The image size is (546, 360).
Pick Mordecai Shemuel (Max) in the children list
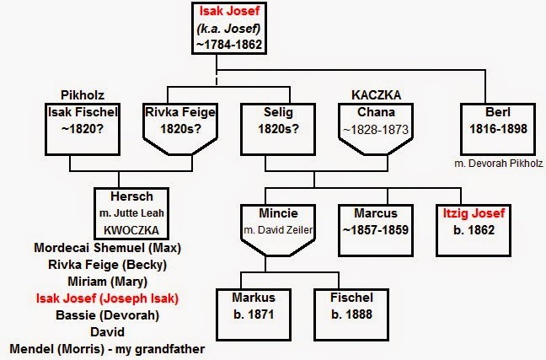click(x=108, y=248)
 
